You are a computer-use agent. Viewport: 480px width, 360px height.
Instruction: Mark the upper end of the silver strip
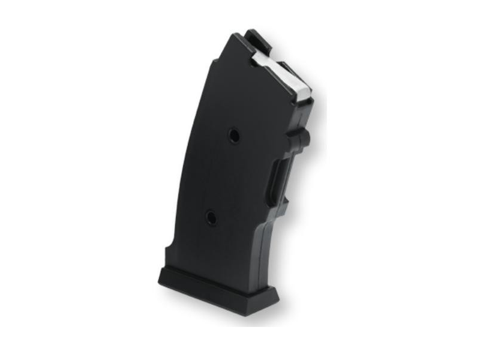click(x=256, y=56)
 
